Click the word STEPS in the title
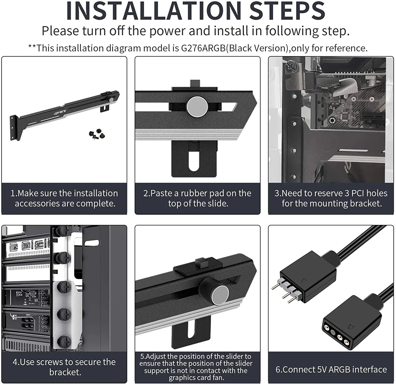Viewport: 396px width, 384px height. coord(287,11)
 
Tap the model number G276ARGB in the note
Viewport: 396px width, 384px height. coord(203,48)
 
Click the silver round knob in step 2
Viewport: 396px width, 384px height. coord(197,107)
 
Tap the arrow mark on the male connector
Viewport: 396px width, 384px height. coord(304,280)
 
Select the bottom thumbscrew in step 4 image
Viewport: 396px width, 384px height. coord(63,342)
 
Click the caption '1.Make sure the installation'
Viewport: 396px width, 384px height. coord(64,193)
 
